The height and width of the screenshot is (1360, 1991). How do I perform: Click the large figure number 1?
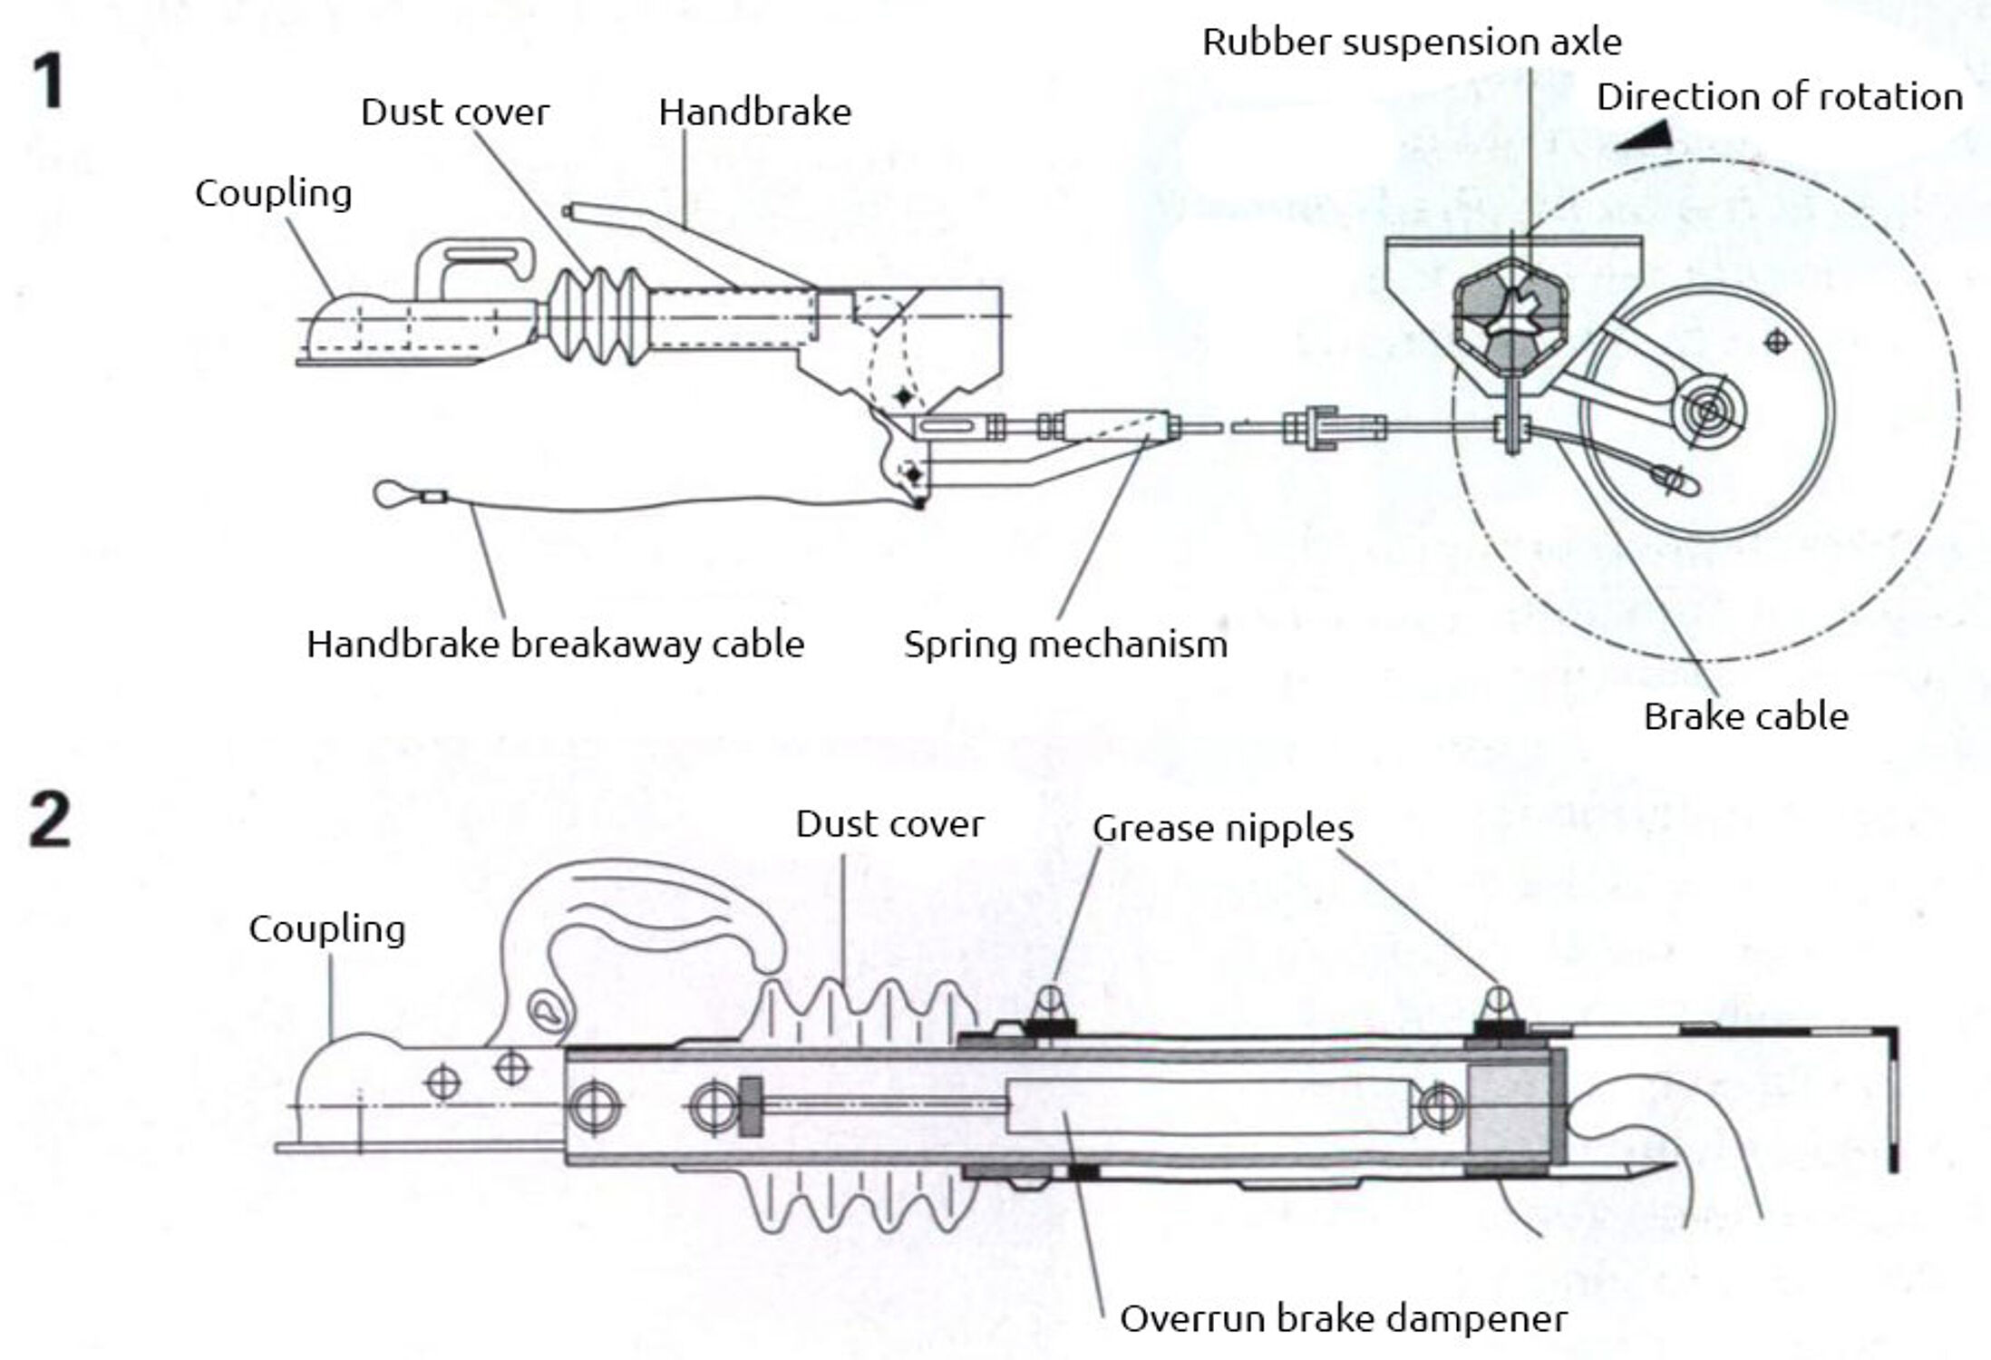[x=48, y=82]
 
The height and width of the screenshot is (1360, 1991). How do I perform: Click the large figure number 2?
[x=50, y=819]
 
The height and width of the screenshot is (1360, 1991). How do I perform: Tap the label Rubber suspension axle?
[x=1411, y=42]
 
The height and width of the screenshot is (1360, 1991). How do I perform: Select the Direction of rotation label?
[x=1779, y=96]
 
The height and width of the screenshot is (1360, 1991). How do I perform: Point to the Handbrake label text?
[x=754, y=112]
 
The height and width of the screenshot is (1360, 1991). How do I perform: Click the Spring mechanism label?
[x=1065, y=645]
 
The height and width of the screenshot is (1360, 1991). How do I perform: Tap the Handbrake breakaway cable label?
[x=555, y=645]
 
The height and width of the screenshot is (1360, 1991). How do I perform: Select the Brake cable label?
[x=1745, y=717]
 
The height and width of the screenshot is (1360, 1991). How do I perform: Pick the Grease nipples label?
[x=1222, y=828]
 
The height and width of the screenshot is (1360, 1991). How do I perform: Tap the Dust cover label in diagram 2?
[x=889, y=824]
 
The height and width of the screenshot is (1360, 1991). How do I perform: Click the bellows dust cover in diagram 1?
[x=597, y=316]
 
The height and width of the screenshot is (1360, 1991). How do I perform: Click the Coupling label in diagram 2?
[x=326, y=929]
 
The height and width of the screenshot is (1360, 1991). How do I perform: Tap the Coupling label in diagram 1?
[x=273, y=193]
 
